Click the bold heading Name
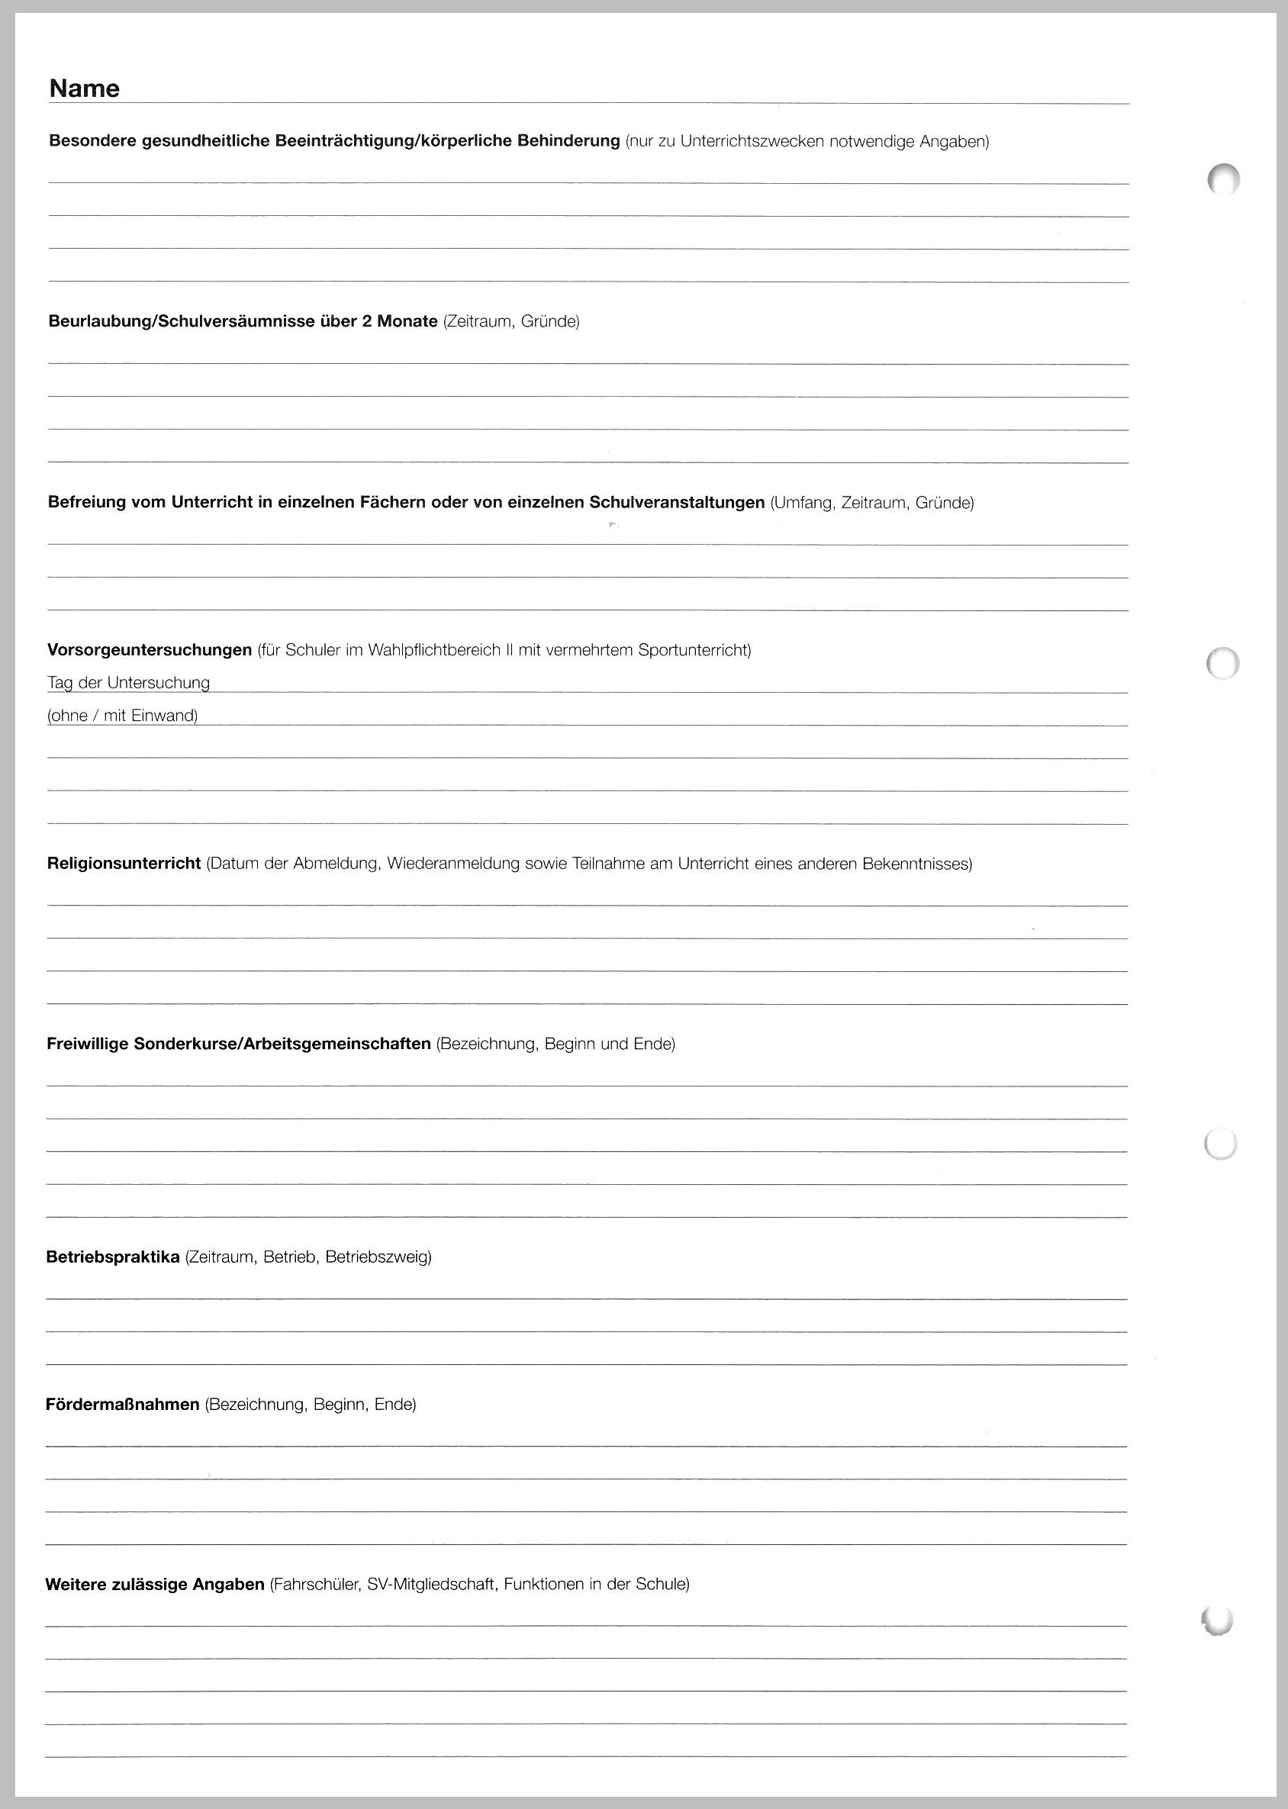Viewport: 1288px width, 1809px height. pyautogui.click(x=84, y=89)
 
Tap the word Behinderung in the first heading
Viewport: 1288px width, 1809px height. pyautogui.click(x=568, y=141)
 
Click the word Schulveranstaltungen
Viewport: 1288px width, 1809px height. pyautogui.click(x=677, y=502)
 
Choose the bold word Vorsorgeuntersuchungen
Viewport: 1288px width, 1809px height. pyautogui.click(x=149, y=650)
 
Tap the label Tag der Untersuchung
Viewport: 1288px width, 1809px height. pyautogui.click(x=128, y=683)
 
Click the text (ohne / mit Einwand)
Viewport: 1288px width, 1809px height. pyautogui.click(x=122, y=716)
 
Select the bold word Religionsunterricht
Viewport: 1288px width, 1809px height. pyautogui.click(x=124, y=864)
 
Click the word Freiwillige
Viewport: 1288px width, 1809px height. pyautogui.click(x=87, y=1044)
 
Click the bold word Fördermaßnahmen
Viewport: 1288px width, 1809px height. pyautogui.click(x=122, y=1405)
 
